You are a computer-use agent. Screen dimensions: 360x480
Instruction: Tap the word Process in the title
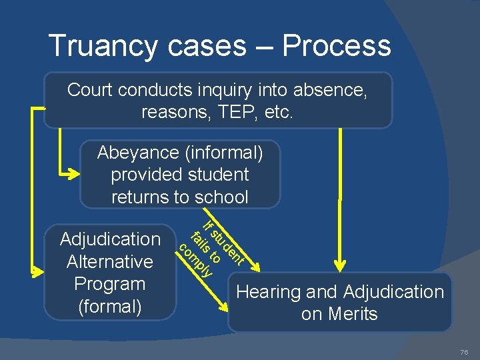336,46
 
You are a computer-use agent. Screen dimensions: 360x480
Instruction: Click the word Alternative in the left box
110,261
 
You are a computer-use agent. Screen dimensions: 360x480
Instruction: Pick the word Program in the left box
110,283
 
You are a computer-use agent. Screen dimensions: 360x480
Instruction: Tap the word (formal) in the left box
110,306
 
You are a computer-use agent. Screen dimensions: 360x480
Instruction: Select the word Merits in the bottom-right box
352,314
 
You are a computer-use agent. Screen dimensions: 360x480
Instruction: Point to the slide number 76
464,352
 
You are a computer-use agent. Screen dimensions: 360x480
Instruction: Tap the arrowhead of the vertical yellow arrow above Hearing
341,265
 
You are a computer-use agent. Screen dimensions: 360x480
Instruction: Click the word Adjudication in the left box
110,239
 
